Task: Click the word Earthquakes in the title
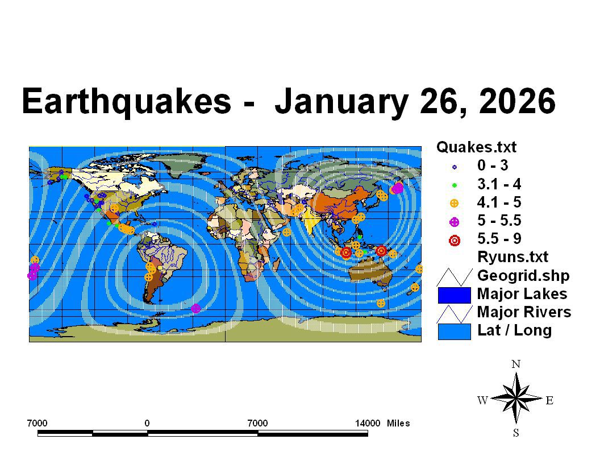point(127,101)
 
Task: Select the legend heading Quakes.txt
point(476,147)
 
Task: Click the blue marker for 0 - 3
point(454,167)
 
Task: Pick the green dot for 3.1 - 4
point(454,185)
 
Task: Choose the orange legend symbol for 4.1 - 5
point(454,204)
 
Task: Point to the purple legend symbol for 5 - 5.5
point(454,222)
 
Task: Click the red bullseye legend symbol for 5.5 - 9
point(454,241)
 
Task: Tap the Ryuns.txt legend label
point(512,257)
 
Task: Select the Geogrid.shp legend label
point(523,276)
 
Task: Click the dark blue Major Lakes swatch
point(454,295)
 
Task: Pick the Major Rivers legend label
point(524,312)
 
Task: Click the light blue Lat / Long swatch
point(454,332)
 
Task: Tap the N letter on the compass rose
point(516,364)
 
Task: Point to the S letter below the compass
point(516,433)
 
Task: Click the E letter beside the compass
point(549,400)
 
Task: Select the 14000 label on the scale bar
point(368,423)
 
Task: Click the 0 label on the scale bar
point(147,423)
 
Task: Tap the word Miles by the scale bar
point(398,423)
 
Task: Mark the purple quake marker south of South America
point(195,308)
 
